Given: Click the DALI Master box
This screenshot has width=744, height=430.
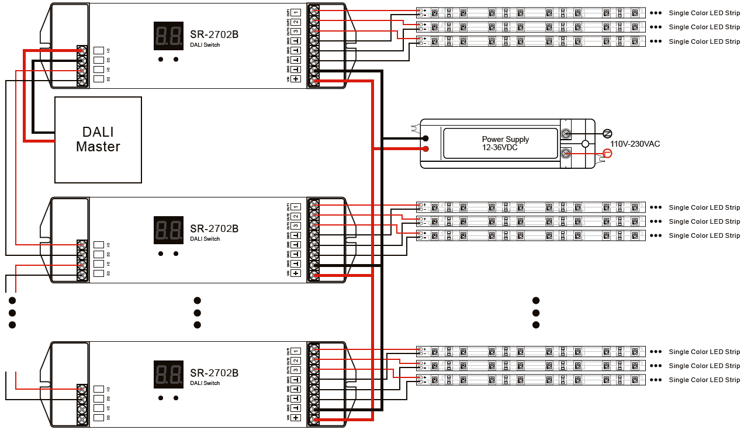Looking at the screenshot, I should pyautogui.click(x=98, y=140).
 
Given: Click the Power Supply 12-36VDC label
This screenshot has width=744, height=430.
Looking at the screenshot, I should pyautogui.click(x=505, y=143).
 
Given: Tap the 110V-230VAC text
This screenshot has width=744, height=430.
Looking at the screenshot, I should pyautogui.click(x=635, y=144).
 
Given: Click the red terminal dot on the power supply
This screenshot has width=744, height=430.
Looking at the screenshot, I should pyautogui.click(x=426, y=149).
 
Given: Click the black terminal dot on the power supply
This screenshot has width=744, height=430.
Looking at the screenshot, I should pyautogui.click(x=426, y=138).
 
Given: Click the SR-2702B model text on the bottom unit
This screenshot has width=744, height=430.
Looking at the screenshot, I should pyautogui.click(x=214, y=373).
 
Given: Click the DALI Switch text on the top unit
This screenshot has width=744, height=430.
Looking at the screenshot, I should pyautogui.click(x=205, y=45).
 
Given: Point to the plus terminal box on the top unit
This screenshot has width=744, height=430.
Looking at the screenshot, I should pyautogui.click(x=296, y=79).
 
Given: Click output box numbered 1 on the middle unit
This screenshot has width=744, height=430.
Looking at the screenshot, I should pyautogui.click(x=296, y=207).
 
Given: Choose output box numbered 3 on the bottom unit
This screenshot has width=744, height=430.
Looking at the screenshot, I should pyautogui.click(x=296, y=370).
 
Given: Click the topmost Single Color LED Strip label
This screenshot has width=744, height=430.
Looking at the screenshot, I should pyautogui.click(x=704, y=12).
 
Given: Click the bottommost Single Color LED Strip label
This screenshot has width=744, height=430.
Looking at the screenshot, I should pyautogui.click(x=704, y=380).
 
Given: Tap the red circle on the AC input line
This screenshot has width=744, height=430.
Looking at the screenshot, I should pyautogui.click(x=607, y=154).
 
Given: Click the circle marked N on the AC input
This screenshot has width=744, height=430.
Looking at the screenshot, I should pyautogui.click(x=607, y=133).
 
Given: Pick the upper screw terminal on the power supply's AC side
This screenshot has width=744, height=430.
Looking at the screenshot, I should pyautogui.click(x=566, y=133).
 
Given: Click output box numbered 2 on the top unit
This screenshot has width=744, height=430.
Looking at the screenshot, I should pyautogui.click(x=296, y=22).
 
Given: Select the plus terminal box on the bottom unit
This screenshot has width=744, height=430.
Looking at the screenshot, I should pyautogui.click(x=296, y=417).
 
